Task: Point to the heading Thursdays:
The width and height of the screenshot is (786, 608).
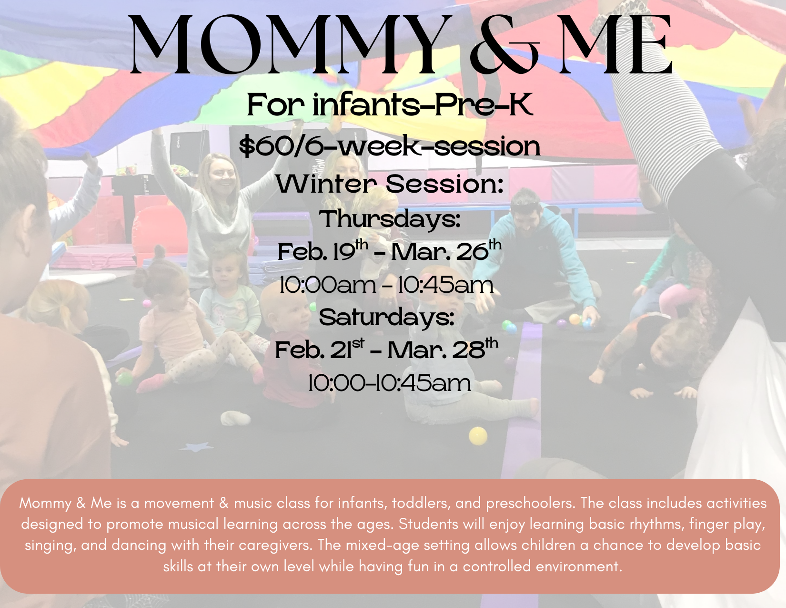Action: (x=390, y=219)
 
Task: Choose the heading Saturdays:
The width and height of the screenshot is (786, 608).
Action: (x=387, y=317)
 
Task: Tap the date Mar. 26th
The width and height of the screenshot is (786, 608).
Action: (x=446, y=251)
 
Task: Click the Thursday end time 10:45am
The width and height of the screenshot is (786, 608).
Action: (x=445, y=285)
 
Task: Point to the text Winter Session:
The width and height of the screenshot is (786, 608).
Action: (x=390, y=184)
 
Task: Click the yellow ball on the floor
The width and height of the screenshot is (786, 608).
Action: (x=478, y=436)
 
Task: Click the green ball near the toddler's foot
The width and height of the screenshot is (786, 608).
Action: (x=125, y=379)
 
